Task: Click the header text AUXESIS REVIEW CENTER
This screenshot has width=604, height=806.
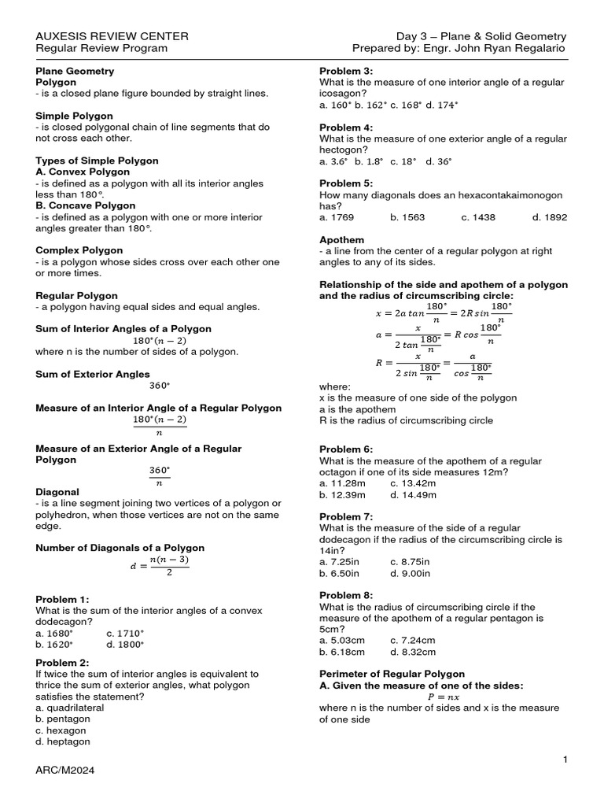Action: point(112,36)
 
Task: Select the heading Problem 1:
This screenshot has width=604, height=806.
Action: point(63,599)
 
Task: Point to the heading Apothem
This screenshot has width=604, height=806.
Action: point(341,239)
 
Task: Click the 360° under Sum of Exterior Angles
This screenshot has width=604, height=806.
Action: point(160,386)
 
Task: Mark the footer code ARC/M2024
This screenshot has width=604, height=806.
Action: point(65,771)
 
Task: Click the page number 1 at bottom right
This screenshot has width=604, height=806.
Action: point(565,759)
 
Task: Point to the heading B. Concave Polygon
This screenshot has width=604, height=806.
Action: point(86,205)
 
